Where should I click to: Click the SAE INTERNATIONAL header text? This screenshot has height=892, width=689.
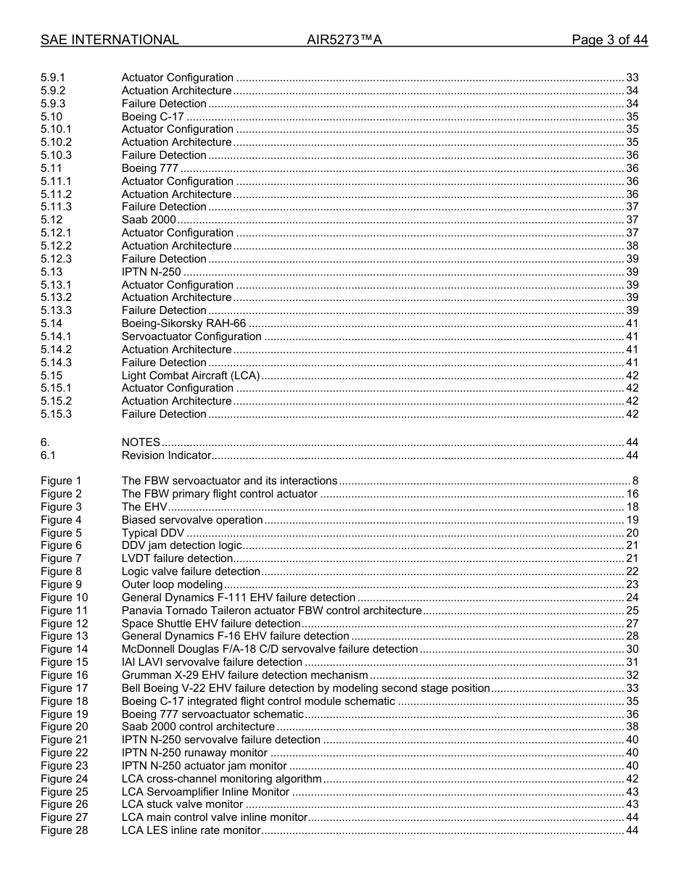[110, 40]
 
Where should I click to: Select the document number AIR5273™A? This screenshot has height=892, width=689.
[344, 40]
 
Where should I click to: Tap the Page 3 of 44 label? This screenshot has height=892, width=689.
[609, 40]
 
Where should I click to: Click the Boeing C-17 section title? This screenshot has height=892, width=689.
[152, 117]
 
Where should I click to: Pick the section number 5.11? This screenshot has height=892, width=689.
[51, 168]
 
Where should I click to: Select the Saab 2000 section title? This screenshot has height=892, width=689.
[149, 220]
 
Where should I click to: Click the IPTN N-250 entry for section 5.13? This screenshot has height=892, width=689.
[151, 272]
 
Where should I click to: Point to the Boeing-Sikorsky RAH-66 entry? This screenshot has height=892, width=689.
[183, 323]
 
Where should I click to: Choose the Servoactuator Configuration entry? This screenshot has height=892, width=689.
[191, 336]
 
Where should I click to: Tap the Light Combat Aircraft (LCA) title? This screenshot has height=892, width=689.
[190, 376]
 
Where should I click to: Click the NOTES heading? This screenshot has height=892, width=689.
[141, 442]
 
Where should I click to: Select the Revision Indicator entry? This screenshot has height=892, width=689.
[166, 455]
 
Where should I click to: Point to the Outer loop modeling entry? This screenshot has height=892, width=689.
[172, 585]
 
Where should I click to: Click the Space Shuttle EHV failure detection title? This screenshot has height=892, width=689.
[210, 624]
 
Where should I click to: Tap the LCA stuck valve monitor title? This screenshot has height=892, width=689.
[182, 804]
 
